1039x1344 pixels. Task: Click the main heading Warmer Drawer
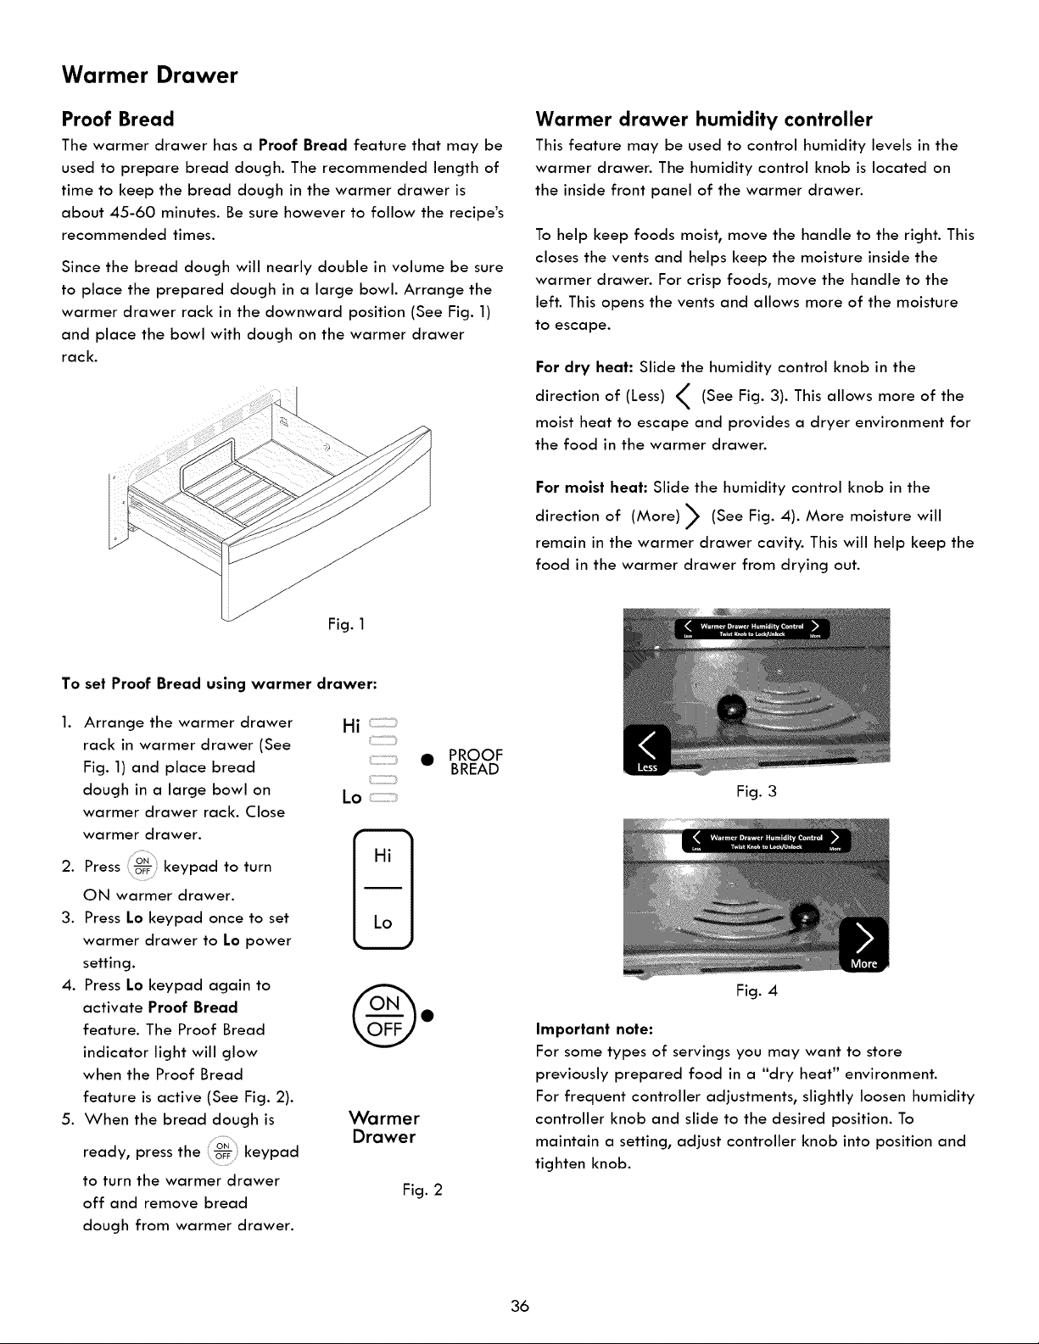coord(149,75)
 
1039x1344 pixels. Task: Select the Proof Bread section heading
coord(118,119)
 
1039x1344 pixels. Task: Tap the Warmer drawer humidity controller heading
coord(704,119)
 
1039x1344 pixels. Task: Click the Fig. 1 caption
coord(346,624)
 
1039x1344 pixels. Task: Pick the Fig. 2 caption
coord(422,1190)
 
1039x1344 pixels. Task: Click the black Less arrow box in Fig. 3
coord(647,750)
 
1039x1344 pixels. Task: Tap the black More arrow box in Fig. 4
coord(863,945)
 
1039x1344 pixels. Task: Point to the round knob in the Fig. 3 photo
coord(732,707)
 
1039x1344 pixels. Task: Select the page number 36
coord(519,1306)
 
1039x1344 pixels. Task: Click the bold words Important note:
coord(595,1029)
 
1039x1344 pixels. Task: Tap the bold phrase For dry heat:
coord(584,367)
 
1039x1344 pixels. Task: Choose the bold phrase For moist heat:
coord(591,488)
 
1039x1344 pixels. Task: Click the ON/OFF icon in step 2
coord(142,866)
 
